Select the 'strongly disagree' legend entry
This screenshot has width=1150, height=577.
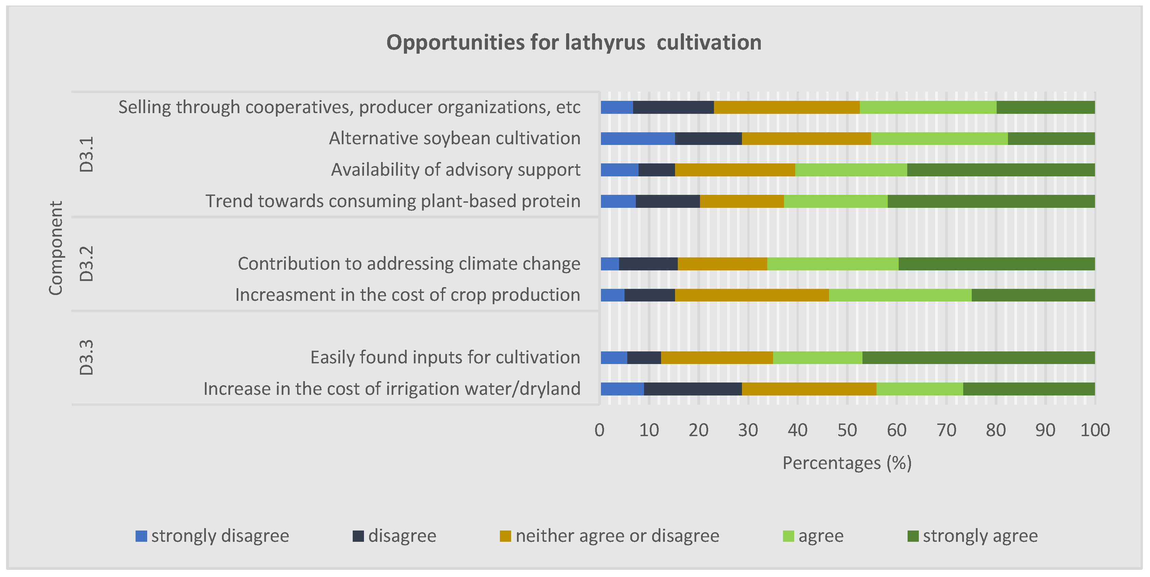point(212,536)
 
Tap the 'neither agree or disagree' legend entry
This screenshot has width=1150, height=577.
point(610,536)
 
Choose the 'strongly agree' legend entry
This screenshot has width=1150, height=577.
point(973,536)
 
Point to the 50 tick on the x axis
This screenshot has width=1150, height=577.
point(847,430)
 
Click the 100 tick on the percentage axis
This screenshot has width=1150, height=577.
point(1095,430)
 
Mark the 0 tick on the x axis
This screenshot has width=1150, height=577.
point(600,430)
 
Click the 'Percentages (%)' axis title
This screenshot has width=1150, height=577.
point(847,463)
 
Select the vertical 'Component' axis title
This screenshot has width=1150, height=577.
point(56,248)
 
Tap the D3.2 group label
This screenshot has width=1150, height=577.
point(86,264)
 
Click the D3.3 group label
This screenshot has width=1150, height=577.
point(86,358)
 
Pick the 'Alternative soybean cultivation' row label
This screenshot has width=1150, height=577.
point(454,138)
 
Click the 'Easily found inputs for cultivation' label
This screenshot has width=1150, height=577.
point(445,358)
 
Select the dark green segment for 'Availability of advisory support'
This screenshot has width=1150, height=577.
point(1001,170)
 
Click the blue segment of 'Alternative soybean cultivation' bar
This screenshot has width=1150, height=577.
point(637,138)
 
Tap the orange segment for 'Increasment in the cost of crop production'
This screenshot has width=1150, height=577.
point(752,295)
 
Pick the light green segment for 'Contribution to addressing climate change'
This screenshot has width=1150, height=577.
point(832,264)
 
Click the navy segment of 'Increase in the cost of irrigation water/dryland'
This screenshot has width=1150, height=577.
point(693,389)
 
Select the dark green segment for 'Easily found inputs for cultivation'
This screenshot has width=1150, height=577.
point(979,358)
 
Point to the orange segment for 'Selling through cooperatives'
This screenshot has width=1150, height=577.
point(787,107)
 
